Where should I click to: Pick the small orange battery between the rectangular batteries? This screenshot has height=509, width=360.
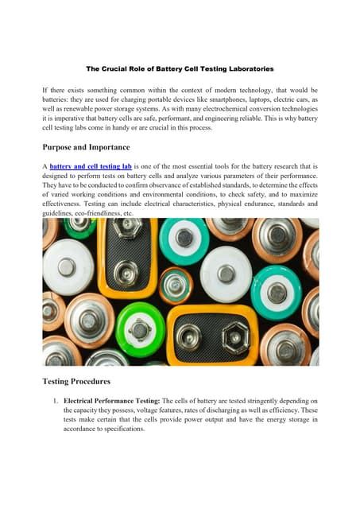pyautogui.click(x=176, y=285)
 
